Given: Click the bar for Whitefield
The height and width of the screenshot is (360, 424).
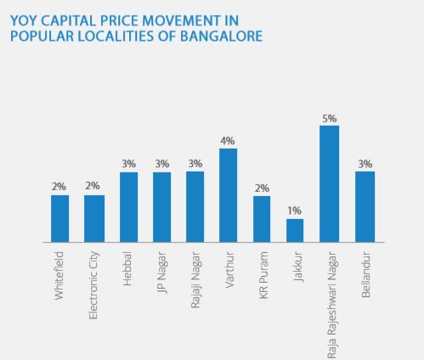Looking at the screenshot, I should click(x=59, y=218).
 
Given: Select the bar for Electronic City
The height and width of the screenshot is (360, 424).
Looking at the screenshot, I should click(x=93, y=218).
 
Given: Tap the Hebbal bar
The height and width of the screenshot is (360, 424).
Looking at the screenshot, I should click(x=127, y=207).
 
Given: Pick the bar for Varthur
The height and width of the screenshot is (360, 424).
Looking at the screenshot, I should click(x=229, y=195).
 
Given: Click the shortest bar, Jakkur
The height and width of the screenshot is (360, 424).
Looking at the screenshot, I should click(x=295, y=230).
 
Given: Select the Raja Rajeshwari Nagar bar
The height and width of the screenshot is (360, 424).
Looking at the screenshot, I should click(x=329, y=183).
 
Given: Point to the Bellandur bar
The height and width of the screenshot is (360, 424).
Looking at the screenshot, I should click(x=365, y=207).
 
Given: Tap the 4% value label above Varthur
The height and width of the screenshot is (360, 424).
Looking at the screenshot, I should click(x=229, y=141).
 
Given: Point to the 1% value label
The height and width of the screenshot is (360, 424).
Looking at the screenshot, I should click(x=295, y=211).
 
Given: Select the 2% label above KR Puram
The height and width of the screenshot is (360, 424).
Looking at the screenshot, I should click(x=262, y=188).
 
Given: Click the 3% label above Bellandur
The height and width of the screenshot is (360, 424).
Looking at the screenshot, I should click(x=365, y=164).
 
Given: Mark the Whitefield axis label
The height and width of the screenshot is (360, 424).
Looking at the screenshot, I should click(x=59, y=273).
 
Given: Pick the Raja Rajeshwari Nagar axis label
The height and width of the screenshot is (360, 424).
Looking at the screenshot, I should click(x=330, y=299).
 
